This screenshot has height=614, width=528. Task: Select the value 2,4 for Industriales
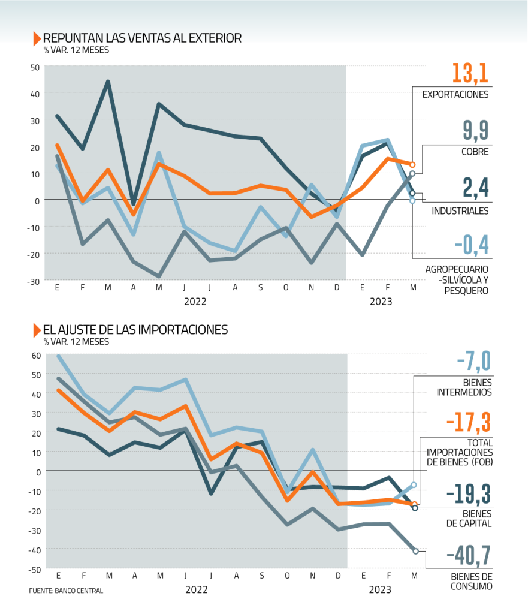[476, 188]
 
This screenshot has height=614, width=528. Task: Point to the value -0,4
[472, 245]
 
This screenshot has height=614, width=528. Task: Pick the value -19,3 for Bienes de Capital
[469, 493]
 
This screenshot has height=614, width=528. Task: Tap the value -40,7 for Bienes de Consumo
[469, 558]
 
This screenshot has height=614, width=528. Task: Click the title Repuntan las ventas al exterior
[142, 38]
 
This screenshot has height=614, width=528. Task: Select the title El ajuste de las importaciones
[135, 330]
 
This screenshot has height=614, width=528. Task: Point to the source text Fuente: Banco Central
[66, 591]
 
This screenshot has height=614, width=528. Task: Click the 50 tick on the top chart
[35, 67]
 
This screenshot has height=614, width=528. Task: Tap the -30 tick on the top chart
[34, 281]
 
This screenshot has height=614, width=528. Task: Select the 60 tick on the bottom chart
[35, 354]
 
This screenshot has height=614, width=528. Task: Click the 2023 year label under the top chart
[381, 302]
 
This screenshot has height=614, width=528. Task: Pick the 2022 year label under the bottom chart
[197, 589]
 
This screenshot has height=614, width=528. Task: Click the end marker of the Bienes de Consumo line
[415, 551]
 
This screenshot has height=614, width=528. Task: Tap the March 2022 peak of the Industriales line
[108, 82]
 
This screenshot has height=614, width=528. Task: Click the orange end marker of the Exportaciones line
[412, 164]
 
